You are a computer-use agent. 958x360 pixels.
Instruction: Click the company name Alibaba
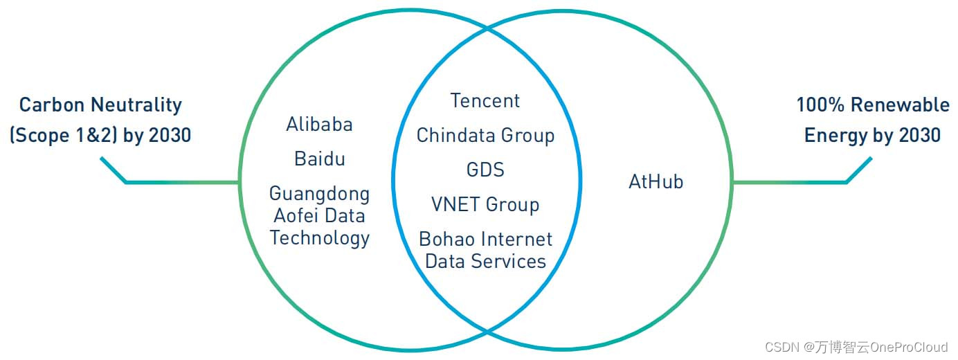click(319, 125)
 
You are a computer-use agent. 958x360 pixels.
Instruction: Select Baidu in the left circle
click(319, 159)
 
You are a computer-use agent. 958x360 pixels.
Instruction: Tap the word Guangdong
click(319, 194)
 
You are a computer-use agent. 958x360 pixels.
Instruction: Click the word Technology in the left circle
click(319, 238)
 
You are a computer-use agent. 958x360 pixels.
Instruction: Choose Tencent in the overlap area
click(485, 101)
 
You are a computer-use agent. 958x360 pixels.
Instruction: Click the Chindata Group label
click(485, 136)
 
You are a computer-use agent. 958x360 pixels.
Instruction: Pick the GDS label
click(485, 170)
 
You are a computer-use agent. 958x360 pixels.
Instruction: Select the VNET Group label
click(485, 205)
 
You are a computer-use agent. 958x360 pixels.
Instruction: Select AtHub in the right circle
click(656, 182)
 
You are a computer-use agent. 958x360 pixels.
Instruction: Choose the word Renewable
click(900, 105)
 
